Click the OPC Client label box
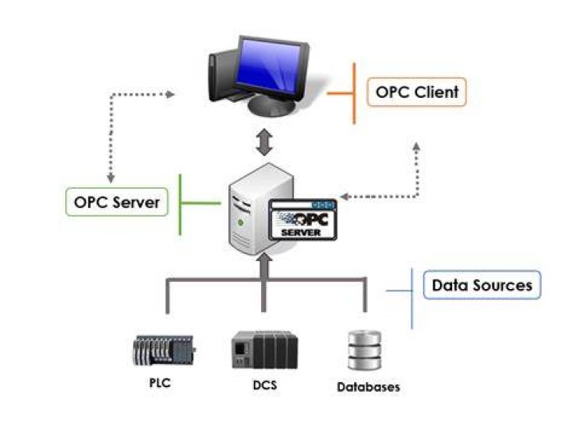[x=416, y=92]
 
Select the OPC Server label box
[x=117, y=202]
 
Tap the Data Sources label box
[x=482, y=285]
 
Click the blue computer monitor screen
[x=269, y=66]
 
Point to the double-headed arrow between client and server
[x=264, y=143]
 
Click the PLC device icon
[x=164, y=350]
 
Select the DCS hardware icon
[x=265, y=350]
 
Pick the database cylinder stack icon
[x=364, y=350]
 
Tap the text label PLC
[x=160, y=383]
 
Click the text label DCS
[x=265, y=385]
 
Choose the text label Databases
[x=368, y=387]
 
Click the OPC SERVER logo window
[x=302, y=220]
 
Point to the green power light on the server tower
[x=240, y=222]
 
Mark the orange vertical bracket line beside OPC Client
[x=353, y=93]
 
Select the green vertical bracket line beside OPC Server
[x=180, y=205]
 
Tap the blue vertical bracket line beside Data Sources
[x=412, y=299]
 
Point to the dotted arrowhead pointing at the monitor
[x=170, y=94]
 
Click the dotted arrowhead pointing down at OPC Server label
[x=111, y=178]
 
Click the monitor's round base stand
[x=271, y=107]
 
